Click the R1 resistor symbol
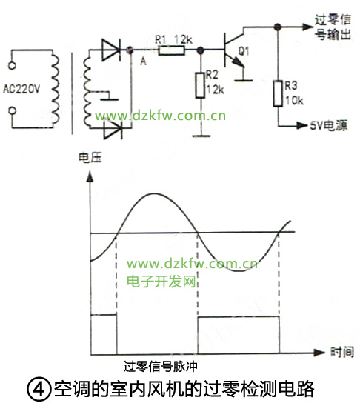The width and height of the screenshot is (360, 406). click(x=171, y=50)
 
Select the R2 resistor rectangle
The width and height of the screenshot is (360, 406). click(x=200, y=85)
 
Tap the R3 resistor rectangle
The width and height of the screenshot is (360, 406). click(x=278, y=93)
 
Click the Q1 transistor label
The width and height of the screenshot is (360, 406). click(x=244, y=51)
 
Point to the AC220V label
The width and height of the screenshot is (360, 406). click(x=21, y=89)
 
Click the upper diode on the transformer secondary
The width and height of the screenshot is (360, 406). click(x=112, y=50)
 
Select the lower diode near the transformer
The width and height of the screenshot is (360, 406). click(x=113, y=129)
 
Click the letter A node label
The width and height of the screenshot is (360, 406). click(x=143, y=61)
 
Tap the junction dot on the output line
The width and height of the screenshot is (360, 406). click(x=278, y=27)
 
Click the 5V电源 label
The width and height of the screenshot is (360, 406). click(x=329, y=126)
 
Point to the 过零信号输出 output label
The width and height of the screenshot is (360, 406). click(x=333, y=27)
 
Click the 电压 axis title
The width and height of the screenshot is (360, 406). click(x=90, y=158)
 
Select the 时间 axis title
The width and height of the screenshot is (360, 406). click(x=342, y=352)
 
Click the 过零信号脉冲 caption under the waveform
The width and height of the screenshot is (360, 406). click(x=160, y=367)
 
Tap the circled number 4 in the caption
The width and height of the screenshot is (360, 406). click(x=39, y=389)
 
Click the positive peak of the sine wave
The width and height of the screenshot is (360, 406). click(x=154, y=193)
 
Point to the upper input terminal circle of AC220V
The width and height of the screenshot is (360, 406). click(x=12, y=65)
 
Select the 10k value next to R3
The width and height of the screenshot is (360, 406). click(x=294, y=101)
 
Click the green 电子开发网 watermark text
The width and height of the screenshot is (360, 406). click(x=161, y=282)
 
